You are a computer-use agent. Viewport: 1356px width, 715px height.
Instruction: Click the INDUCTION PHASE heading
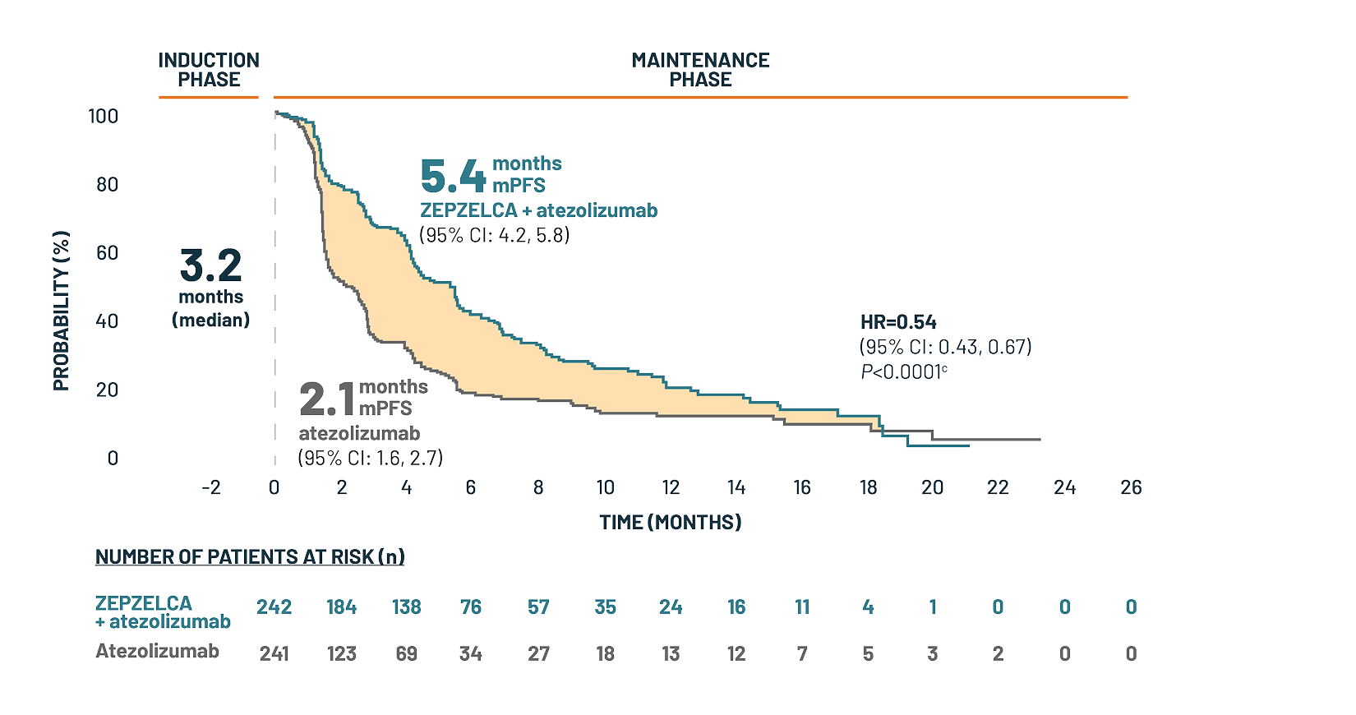209,70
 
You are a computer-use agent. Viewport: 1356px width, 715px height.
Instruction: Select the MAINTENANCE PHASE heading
700,70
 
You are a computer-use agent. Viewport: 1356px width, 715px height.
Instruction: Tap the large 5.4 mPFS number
453,176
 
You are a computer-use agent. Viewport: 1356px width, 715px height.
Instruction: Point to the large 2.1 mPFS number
326,399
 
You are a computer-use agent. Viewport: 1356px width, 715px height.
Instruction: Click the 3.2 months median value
211,266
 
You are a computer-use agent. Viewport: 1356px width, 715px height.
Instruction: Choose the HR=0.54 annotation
898,322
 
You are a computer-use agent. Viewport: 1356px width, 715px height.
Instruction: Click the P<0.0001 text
903,372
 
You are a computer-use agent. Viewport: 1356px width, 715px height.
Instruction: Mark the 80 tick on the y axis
108,184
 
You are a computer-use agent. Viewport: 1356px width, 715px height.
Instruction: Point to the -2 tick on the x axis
211,487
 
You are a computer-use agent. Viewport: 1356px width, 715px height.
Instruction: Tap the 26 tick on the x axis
1131,487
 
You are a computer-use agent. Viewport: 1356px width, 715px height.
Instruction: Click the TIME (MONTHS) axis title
670,522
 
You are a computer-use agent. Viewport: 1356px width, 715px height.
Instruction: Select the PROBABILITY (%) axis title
62,311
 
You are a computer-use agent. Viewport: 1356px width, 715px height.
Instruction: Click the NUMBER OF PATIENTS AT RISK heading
250,556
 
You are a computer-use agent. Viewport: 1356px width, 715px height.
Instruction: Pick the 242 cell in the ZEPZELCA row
274,607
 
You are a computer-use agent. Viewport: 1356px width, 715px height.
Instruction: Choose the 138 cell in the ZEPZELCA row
406,607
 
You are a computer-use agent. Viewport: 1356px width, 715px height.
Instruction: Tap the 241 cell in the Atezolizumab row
274,653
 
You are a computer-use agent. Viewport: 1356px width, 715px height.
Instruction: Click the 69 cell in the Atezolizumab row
406,653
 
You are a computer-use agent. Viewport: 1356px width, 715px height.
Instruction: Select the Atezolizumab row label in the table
157,651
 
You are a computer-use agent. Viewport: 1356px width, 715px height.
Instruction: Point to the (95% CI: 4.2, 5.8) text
495,235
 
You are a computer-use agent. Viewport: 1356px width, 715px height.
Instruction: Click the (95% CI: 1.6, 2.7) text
371,458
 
